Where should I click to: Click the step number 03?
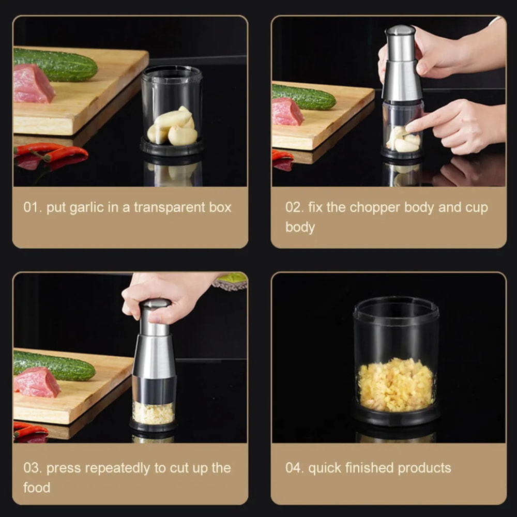tap(32, 468)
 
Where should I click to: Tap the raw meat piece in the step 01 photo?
tap(33, 84)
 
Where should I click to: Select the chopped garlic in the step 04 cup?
tap(396, 385)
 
